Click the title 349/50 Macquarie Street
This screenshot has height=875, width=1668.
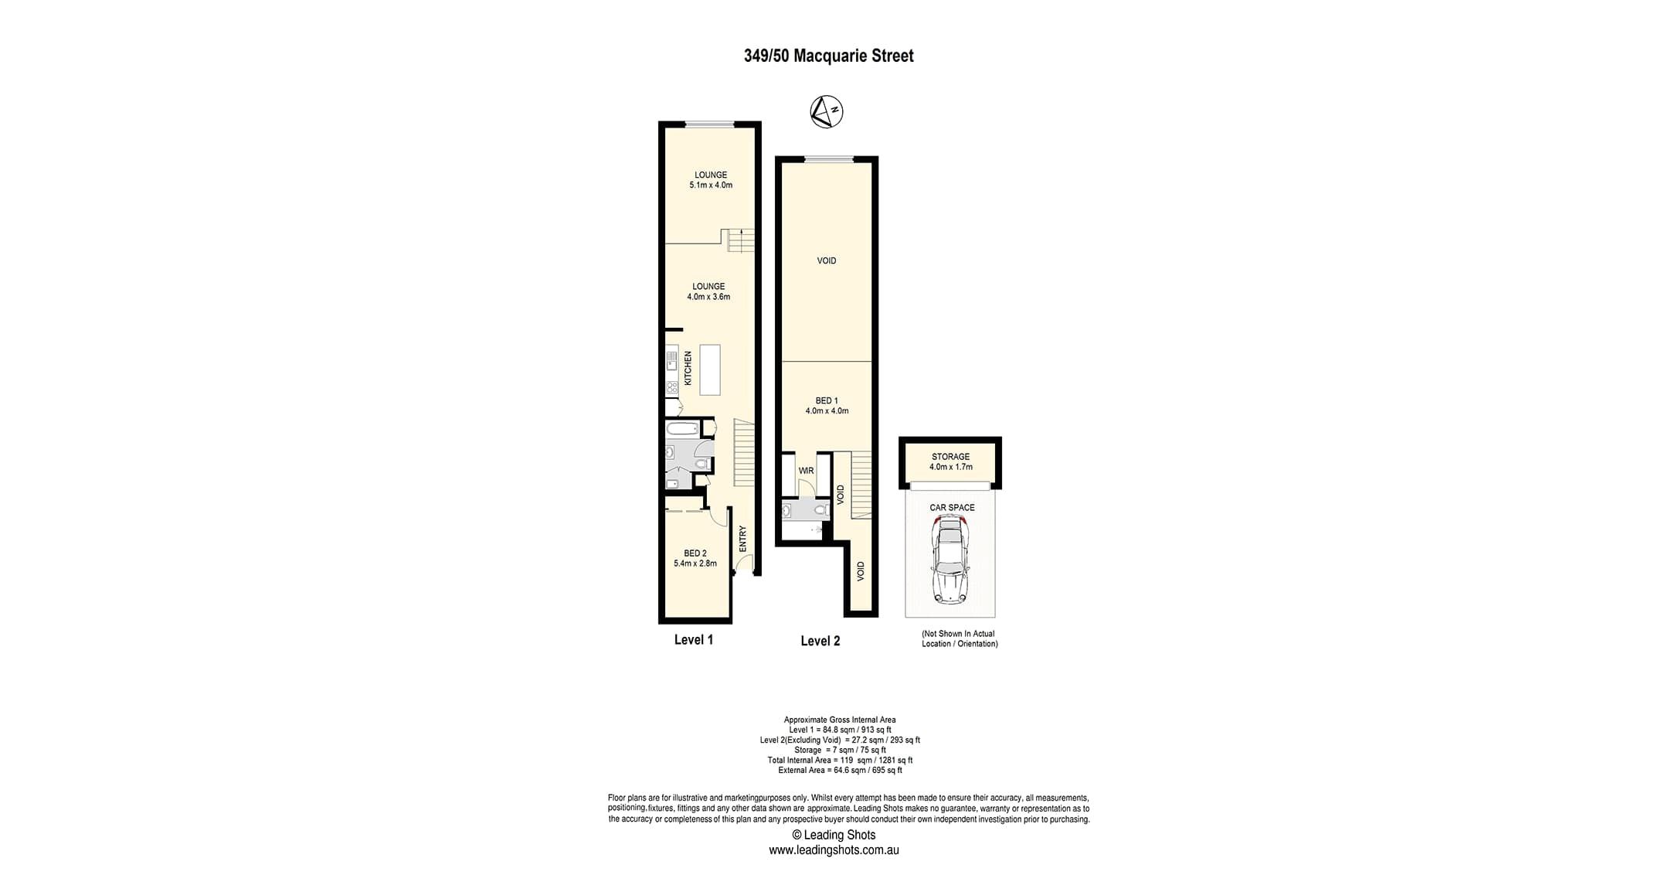click(828, 56)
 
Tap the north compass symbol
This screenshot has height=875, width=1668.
click(826, 111)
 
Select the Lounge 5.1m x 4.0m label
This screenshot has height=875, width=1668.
click(711, 180)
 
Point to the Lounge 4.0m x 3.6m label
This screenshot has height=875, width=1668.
click(708, 291)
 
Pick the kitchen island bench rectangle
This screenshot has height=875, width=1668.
click(710, 370)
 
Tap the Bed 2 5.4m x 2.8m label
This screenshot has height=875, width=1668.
click(695, 558)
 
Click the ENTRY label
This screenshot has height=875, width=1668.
click(742, 539)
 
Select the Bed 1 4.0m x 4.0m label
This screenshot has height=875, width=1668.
click(827, 406)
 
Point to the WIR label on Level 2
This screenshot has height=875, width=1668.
click(806, 471)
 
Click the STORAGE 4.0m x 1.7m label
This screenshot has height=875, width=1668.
click(950, 461)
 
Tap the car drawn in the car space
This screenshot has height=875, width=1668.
click(950, 558)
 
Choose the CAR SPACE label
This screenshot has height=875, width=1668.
click(952, 508)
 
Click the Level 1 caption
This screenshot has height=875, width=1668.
click(694, 639)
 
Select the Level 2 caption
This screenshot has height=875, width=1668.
click(820, 641)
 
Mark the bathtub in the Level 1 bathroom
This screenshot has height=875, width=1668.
click(682, 429)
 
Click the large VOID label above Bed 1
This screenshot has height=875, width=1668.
click(827, 260)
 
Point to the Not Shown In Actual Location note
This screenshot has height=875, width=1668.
click(960, 638)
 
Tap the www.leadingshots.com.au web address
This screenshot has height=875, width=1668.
click(834, 849)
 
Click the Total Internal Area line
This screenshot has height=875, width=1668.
click(840, 760)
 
